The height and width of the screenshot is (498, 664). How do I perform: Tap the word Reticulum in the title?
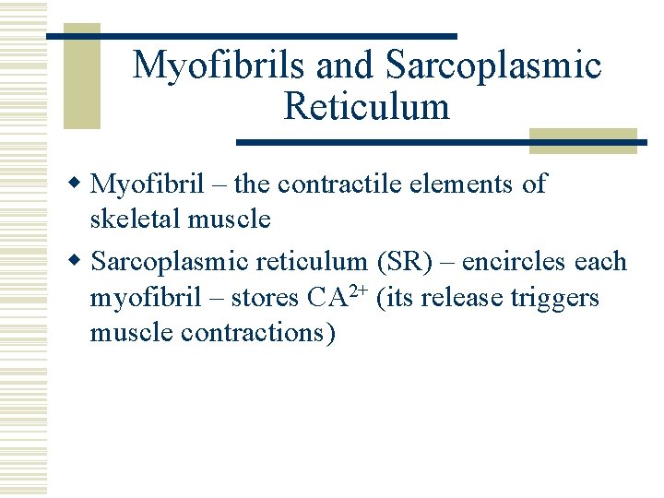[x=367, y=107]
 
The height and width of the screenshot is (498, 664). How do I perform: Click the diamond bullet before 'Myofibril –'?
[x=79, y=184]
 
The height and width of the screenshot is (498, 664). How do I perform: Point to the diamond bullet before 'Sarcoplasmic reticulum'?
[x=79, y=262]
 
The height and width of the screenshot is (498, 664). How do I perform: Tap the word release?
[x=465, y=299]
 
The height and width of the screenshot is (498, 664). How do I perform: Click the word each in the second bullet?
[x=600, y=262]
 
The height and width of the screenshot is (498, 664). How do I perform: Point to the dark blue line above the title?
[x=251, y=36]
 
